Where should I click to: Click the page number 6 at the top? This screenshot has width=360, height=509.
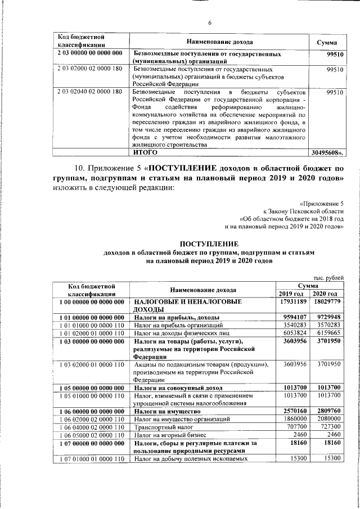(x=209, y=23)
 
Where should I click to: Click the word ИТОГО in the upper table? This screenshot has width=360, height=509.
(x=145, y=152)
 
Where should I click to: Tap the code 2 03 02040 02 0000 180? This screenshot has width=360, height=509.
(x=90, y=91)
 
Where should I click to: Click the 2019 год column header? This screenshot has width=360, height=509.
(x=291, y=294)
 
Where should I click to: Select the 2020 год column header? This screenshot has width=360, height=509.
(x=326, y=294)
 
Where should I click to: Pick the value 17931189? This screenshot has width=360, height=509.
(x=292, y=302)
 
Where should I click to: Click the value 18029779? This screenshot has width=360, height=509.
(x=327, y=302)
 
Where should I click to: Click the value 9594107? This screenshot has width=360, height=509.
(x=293, y=317)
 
